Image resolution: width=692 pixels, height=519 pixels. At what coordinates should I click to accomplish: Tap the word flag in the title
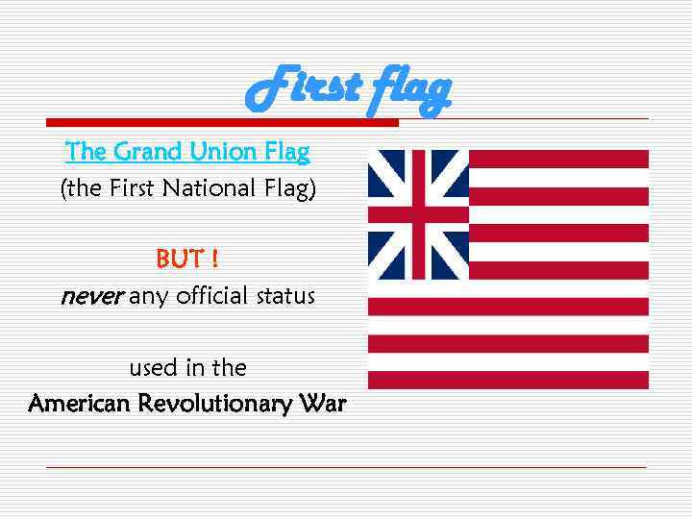click(x=406, y=90)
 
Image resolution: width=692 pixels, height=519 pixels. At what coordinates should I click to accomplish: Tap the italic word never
click(x=91, y=296)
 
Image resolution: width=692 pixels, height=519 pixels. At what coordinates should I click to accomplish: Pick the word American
click(x=80, y=404)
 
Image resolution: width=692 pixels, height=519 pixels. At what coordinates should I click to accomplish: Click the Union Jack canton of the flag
click(x=418, y=213)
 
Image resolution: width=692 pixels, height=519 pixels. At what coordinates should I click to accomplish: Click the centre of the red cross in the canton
click(x=418, y=213)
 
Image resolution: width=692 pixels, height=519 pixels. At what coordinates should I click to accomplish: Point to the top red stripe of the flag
click(x=558, y=159)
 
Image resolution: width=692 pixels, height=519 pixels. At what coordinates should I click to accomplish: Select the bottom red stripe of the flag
click(x=508, y=380)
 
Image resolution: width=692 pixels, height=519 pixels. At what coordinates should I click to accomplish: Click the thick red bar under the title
click(x=222, y=123)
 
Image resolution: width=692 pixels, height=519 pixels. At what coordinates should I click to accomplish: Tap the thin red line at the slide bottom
click(x=346, y=468)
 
